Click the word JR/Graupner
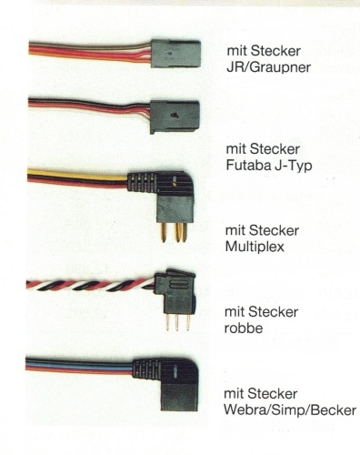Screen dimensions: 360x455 268,67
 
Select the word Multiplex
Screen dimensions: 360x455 255,247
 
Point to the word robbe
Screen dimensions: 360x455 244,329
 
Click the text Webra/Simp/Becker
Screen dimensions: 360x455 290,410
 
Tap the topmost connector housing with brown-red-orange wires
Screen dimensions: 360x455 175,55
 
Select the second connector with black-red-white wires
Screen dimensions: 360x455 175,116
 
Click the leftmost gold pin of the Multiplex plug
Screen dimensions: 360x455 164,233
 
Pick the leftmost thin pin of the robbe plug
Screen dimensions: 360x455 167,322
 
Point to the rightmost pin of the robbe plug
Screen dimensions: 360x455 188,322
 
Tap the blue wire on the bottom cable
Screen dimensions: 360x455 79,364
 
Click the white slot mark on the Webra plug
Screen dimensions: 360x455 175,373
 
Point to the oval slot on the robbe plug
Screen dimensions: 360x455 175,285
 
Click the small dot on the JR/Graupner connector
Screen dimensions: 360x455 169,54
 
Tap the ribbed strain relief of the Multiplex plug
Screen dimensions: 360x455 143,181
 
